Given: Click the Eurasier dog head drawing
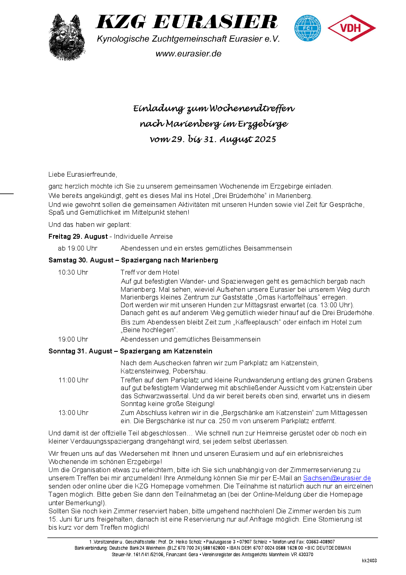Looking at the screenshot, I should pos(67,38).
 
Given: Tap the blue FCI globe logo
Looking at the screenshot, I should pos(308,28).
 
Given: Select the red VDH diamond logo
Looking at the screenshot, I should pos(351,28).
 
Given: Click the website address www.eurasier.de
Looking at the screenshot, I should pos(188,54).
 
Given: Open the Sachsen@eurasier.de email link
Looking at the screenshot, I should pos(337,478).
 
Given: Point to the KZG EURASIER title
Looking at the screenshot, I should pos(187,22).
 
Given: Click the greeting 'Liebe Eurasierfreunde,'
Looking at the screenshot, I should pos(83,174).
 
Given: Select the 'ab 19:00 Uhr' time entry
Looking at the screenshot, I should pos(77,248).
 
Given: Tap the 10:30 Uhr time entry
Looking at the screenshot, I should pos(73,272).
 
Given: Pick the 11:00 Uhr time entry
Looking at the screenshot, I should pos(73,380).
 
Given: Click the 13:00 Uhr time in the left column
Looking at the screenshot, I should pos(73,413).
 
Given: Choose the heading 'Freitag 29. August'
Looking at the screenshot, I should pos(78,236).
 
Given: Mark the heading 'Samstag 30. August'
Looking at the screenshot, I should pos(81,260).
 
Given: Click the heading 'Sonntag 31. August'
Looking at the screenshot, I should pos(80,351).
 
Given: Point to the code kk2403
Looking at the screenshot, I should pos(369,561).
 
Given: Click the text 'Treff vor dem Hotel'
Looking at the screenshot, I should pos(150,272).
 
